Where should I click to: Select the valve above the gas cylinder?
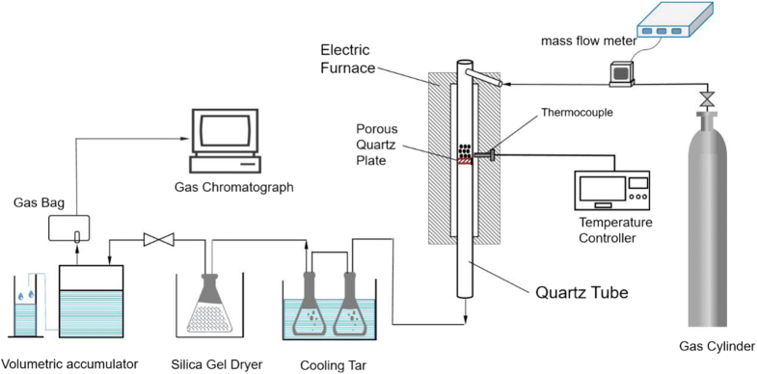(707, 99)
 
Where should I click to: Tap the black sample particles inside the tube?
(466, 151)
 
